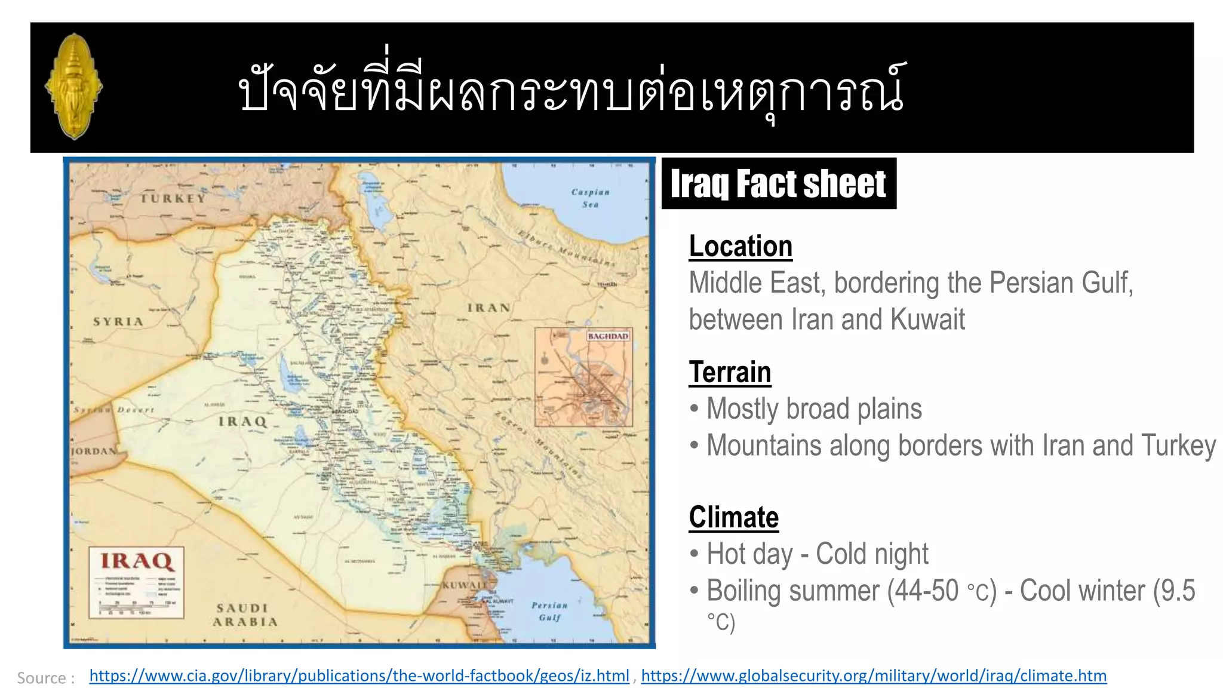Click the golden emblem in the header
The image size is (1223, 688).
(74, 87)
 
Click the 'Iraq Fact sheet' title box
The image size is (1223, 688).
(778, 183)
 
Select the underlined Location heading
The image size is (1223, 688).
(740, 246)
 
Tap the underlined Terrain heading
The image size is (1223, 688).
(730, 372)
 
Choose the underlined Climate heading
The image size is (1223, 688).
(733, 517)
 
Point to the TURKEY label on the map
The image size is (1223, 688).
(173, 198)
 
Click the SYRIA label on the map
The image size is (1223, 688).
(118, 322)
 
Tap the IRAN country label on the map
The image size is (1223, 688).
(488, 308)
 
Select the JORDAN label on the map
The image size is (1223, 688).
(93, 451)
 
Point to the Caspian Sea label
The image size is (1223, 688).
(590, 198)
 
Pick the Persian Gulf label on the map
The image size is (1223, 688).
(549, 611)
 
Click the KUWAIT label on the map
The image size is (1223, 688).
(463, 585)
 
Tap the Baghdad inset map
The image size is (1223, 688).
(583, 377)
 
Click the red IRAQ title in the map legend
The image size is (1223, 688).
(137, 561)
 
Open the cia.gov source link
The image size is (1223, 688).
(359, 675)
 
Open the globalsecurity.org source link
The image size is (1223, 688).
(874, 675)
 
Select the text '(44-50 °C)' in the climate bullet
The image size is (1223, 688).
(942, 591)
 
